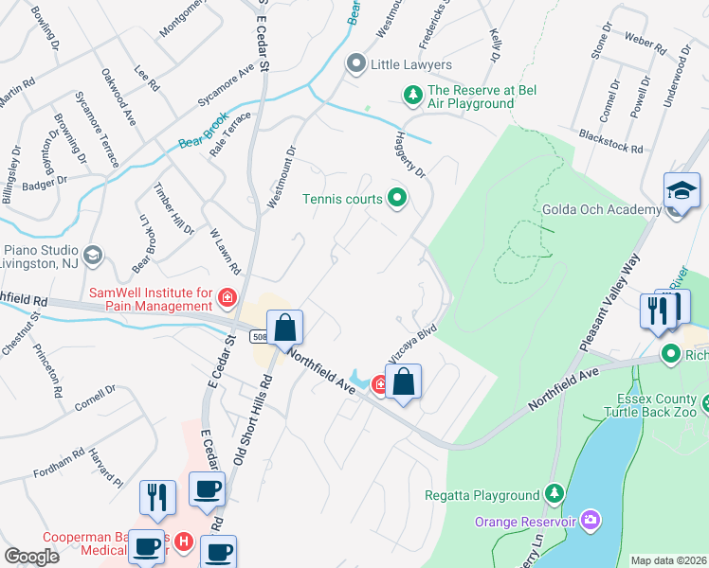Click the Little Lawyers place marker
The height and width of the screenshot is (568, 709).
coord(356,64)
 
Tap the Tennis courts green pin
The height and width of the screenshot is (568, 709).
coord(398,199)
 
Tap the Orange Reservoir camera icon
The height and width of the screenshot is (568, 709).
coord(592,520)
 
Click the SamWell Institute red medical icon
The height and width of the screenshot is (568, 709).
coord(227,300)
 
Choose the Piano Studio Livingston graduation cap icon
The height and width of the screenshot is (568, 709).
coord(92,255)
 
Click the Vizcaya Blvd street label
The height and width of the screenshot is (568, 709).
coord(409,346)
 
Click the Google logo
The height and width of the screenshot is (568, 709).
coord(31,558)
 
